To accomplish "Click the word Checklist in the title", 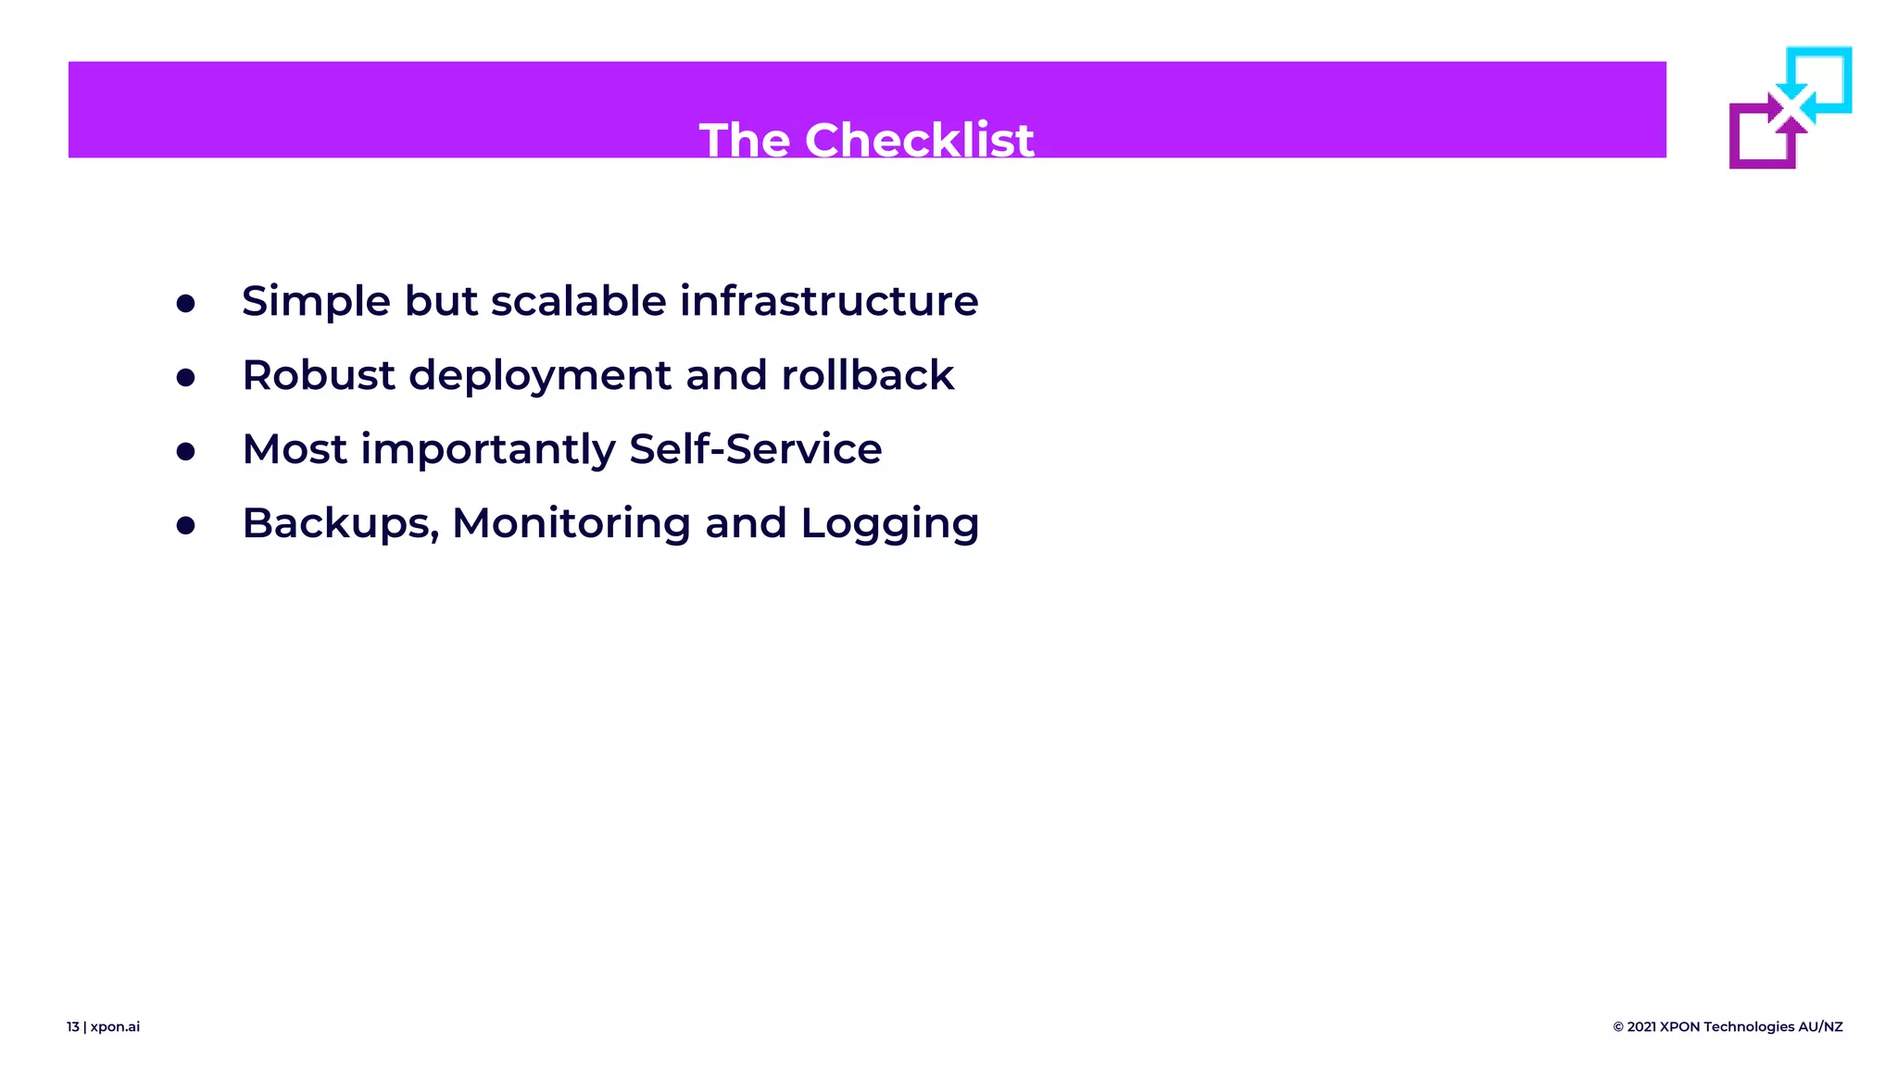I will pyautogui.click(x=919, y=141).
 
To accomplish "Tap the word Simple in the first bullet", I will pyautogui.click(x=316, y=302).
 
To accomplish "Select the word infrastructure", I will pyautogui.click(x=829, y=301).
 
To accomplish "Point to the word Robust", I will pyautogui.click(x=319, y=375).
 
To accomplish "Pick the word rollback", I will pyautogui.click(x=867, y=375).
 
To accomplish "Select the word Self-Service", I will pyautogui.click(x=755, y=449).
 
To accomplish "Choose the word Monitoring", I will pyautogui.click(x=571, y=524).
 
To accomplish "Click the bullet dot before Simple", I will pyautogui.click(x=186, y=304).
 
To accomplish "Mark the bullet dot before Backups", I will pyautogui.click(x=186, y=526).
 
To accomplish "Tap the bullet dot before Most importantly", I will pyautogui.click(x=186, y=452).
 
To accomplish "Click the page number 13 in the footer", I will pyautogui.click(x=73, y=1026).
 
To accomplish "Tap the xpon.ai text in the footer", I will pyautogui.click(x=115, y=1026).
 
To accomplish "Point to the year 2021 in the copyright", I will pyautogui.click(x=1641, y=1026).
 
